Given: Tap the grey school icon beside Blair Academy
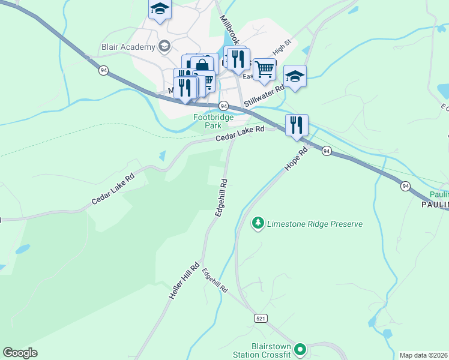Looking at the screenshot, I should [164, 46].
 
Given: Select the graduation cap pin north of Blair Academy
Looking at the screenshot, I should [160, 10].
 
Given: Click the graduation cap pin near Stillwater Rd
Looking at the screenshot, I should [295, 76].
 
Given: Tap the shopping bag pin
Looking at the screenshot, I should [202, 64].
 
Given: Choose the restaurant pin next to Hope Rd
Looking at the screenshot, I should [297, 125].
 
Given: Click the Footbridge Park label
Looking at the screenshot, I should [213, 122].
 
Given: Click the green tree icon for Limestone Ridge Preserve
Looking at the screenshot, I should [258, 223].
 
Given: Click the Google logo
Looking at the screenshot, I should [20, 353].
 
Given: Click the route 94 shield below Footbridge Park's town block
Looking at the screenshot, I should [223, 105].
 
